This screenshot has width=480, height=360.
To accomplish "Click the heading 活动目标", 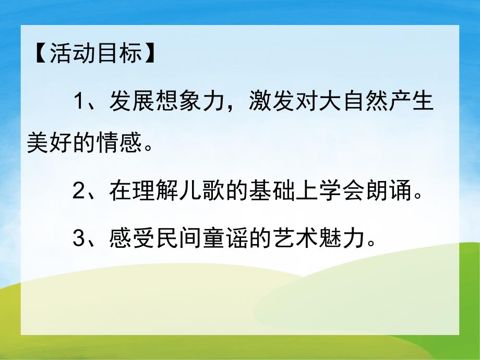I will click(95, 53).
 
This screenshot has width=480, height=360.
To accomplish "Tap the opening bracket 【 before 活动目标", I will click(39, 53).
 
